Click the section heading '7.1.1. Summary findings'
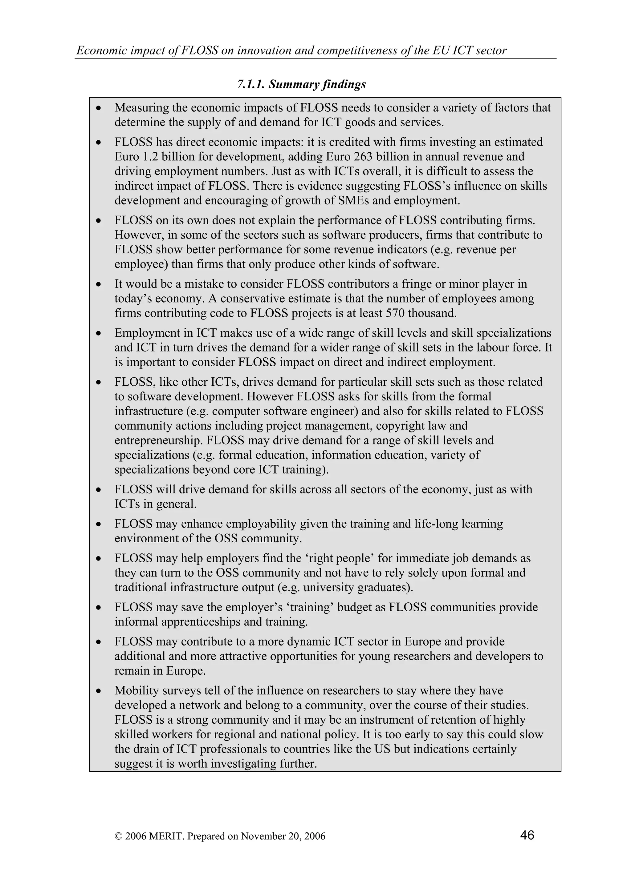coord(301,84)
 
